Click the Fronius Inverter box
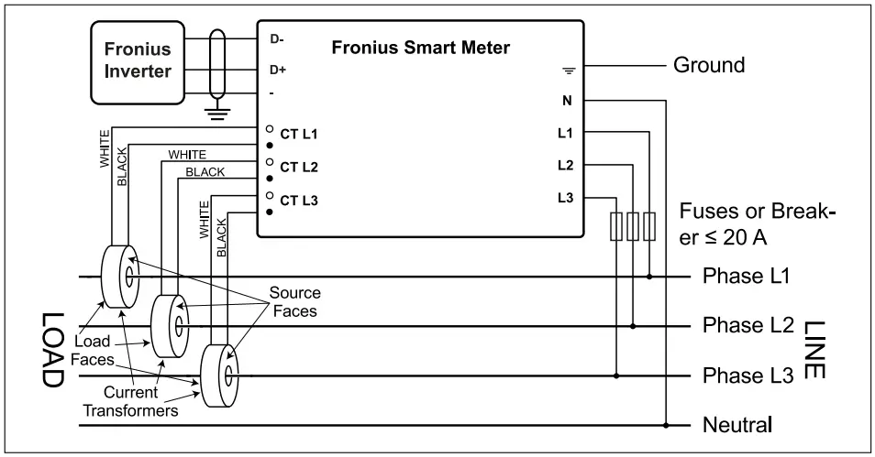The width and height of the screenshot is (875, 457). click(x=137, y=60)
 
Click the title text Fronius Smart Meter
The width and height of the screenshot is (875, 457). click(x=420, y=48)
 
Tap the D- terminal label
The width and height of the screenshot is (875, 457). click(x=276, y=39)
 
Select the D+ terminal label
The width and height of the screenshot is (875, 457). click(x=277, y=70)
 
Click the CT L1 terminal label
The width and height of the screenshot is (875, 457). click(x=298, y=135)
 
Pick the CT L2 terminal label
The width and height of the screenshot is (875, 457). click(x=298, y=168)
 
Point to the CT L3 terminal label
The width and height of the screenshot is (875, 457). click(x=298, y=200)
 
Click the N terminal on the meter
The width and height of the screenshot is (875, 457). click(x=565, y=100)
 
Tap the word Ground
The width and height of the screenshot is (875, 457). click(x=709, y=66)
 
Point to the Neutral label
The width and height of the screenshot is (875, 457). click(x=737, y=425)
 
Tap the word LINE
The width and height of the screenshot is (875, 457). click(x=813, y=349)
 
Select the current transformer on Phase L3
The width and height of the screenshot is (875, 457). click(x=219, y=376)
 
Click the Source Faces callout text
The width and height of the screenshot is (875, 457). click(x=294, y=301)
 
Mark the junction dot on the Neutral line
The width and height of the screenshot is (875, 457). click(x=666, y=425)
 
